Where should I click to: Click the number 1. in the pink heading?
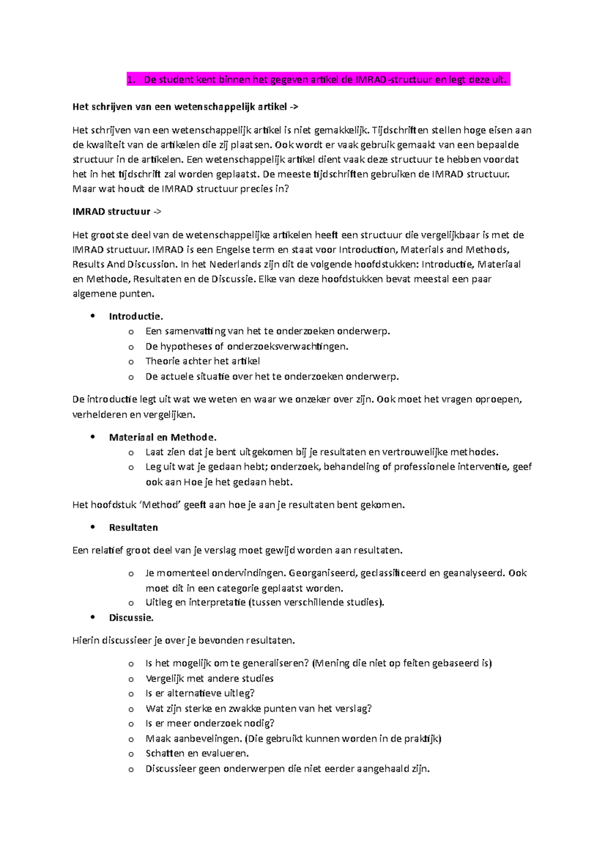pyautogui.click(x=132, y=80)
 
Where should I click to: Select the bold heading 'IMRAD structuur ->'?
pyautogui.click(x=116, y=212)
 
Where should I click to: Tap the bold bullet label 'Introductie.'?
pyautogui.click(x=136, y=316)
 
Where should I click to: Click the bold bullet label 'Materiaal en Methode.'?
pyautogui.click(x=162, y=438)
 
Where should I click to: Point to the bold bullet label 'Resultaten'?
pyautogui.click(x=133, y=527)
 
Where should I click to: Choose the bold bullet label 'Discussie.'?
pyautogui.click(x=131, y=618)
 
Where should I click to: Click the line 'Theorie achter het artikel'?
pyautogui.click(x=203, y=361)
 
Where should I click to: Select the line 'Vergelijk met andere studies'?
pyautogui.click(x=209, y=679)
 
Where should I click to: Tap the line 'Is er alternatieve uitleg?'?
pyautogui.click(x=200, y=693)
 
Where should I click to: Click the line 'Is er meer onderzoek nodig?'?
pyautogui.click(x=210, y=723)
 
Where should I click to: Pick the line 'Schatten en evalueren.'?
pyautogui.click(x=197, y=754)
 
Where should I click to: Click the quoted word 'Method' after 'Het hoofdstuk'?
pyautogui.click(x=160, y=505)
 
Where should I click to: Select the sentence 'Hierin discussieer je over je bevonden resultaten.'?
pyautogui.click(x=184, y=640)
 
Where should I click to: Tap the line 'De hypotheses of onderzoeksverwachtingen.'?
pyautogui.click(x=247, y=347)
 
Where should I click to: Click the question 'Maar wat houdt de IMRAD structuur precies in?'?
pyautogui.click(x=181, y=189)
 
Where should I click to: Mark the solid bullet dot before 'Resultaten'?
pyautogui.click(x=92, y=527)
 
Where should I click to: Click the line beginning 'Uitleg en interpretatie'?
pyautogui.click(x=265, y=602)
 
